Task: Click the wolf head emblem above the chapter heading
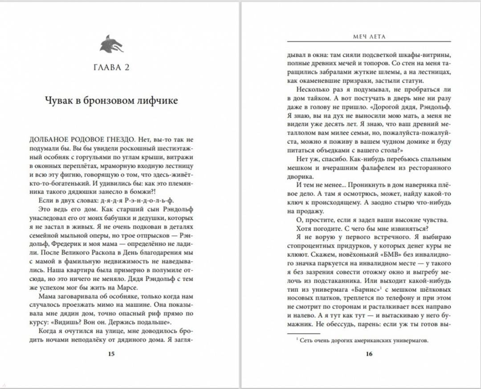click(111, 44)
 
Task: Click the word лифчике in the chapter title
click(159, 101)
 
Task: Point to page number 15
click(111, 354)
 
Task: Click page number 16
click(369, 354)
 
